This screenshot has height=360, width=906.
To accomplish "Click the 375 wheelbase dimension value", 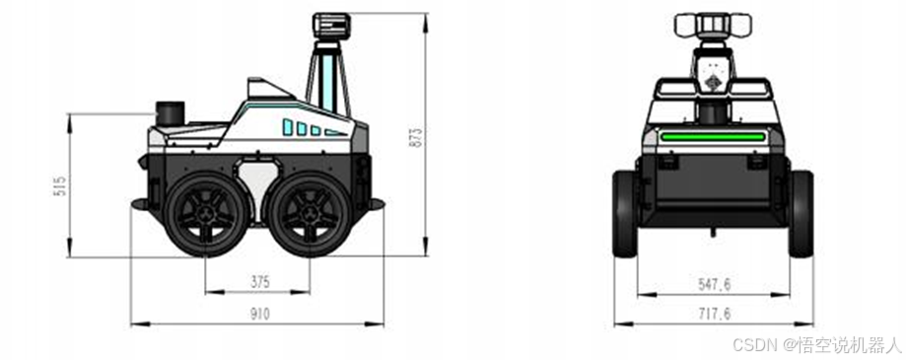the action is coord(260,282).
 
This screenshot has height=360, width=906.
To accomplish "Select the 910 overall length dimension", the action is coord(259,314).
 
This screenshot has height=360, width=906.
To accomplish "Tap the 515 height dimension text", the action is coord(59,185).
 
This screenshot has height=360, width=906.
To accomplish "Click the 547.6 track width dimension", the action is coord(714,284).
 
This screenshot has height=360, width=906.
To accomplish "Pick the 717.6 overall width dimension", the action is coord(714,314).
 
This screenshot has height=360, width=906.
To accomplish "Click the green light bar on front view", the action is coord(713,137).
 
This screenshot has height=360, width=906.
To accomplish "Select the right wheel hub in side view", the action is coord(311,214).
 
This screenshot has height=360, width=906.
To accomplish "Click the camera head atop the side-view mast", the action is coord(331,26).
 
